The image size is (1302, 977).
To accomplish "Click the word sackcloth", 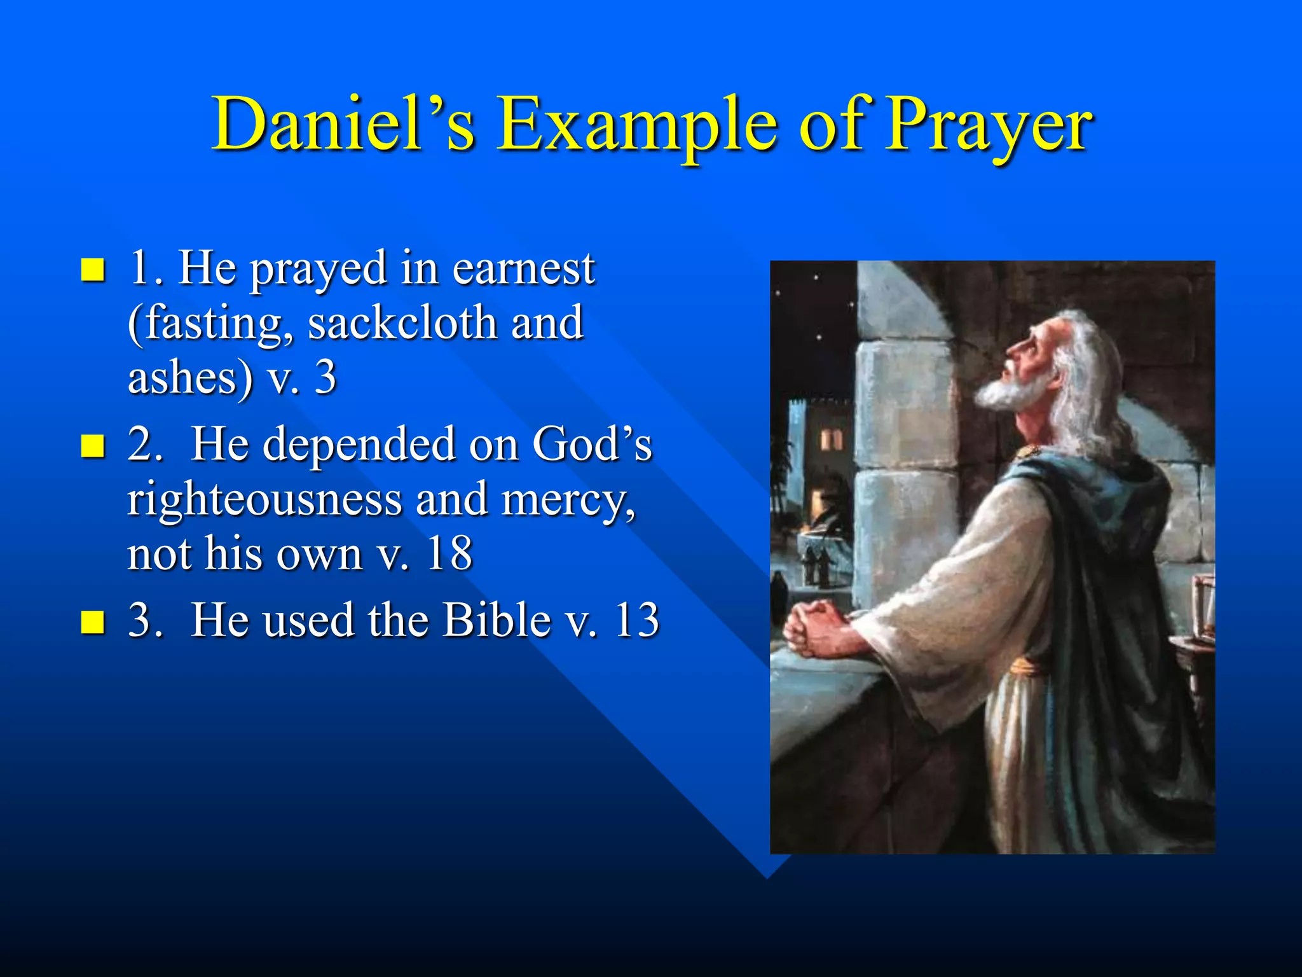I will tap(402, 323).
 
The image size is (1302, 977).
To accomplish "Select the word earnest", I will tap(523, 268).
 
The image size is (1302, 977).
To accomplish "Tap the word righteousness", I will tap(264, 499).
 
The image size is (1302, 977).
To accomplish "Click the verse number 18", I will tap(449, 553).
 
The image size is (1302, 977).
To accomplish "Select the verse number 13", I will tap(636, 620).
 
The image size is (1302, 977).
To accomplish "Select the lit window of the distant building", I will tap(831, 439).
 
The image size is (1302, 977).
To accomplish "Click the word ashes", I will tap(191, 378).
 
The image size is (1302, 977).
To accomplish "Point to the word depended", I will tap(359, 445).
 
